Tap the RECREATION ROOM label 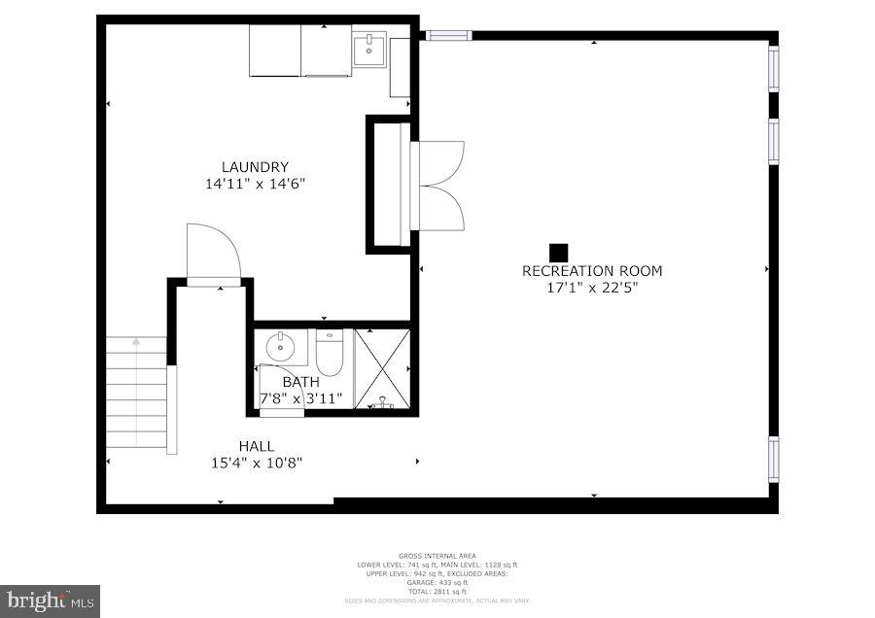click(x=592, y=271)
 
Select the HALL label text click(x=256, y=446)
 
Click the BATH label click(x=300, y=382)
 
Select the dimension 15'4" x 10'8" click(x=256, y=463)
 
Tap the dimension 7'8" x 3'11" click(x=301, y=398)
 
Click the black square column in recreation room click(x=558, y=252)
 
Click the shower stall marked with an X click(x=382, y=369)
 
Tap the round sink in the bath click(x=280, y=344)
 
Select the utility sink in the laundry click(x=369, y=49)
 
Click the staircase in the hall click(x=136, y=394)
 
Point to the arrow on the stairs click(x=136, y=342)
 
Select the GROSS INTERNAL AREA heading click(x=437, y=556)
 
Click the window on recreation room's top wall click(x=448, y=36)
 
